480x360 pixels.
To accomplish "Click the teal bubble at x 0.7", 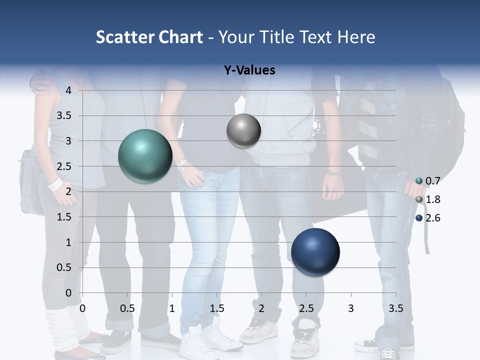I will click(x=145, y=156).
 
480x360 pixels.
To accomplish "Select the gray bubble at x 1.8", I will click(x=243, y=131).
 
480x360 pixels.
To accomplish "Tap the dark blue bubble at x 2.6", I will click(x=315, y=252).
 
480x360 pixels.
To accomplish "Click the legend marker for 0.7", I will click(x=419, y=181).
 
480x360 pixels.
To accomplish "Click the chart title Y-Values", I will click(x=249, y=70).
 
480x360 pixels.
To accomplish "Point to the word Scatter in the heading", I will click(x=124, y=37).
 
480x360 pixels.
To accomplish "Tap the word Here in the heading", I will click(x=356, y=37).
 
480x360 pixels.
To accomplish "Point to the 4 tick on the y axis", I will click(x=68, y=90).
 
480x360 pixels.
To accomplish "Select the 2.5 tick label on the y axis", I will click(x=64, y=166).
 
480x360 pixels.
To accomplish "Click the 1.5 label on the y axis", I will click(x=64, y=217).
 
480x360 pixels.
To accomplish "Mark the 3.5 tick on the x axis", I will click(x=395, y=308).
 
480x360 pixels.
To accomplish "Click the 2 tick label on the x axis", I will click(x=261, y=308).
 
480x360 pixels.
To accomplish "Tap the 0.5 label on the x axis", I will click(x=127, y=308).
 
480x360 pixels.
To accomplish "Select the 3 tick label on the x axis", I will click(x=351, y=308).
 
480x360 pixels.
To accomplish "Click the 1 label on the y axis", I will click(x=68, y=242).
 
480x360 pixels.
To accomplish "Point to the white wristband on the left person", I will click(x=55, y=184).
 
